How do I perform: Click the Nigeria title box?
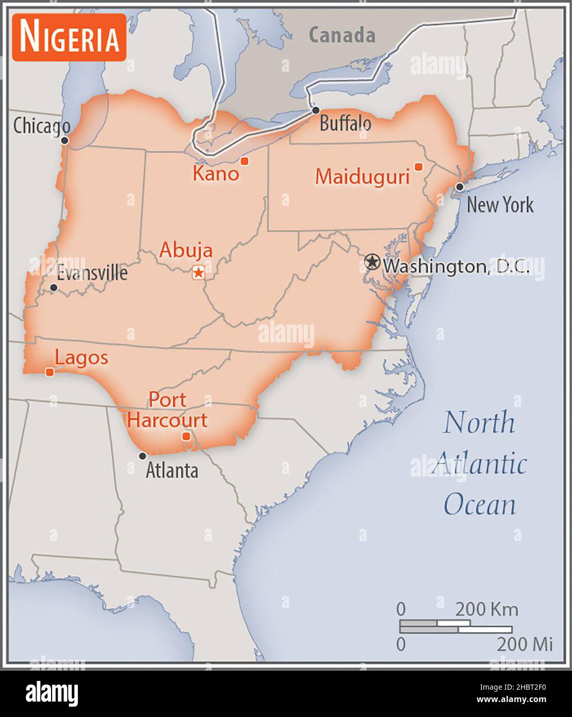[x=69, y=37]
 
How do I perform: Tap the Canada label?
[x=342, y=35]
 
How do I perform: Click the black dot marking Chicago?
[x=64, y=140]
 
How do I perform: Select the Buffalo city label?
[x=345, y=124]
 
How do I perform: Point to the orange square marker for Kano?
[x=245, y=161]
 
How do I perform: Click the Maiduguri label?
[x=362, y=177]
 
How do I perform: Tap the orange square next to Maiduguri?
[x=418, y=167]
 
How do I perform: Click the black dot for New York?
[x=459, y=187]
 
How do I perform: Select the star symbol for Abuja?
[x=198, y=272]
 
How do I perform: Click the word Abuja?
[x=186, y=250]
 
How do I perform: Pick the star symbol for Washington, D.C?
[x=371, y=262]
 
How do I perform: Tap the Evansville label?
[x=92, y=272]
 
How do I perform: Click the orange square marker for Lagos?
[x=50, y=372]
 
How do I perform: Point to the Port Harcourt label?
[x=167, y=410]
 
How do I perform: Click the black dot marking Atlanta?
[x=142, y=456]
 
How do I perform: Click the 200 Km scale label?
[x=486, y=610]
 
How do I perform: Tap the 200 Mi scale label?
[x=525, y=644]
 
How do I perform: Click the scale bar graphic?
[x=456, y=626]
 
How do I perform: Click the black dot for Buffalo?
[x=316, y=110]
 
